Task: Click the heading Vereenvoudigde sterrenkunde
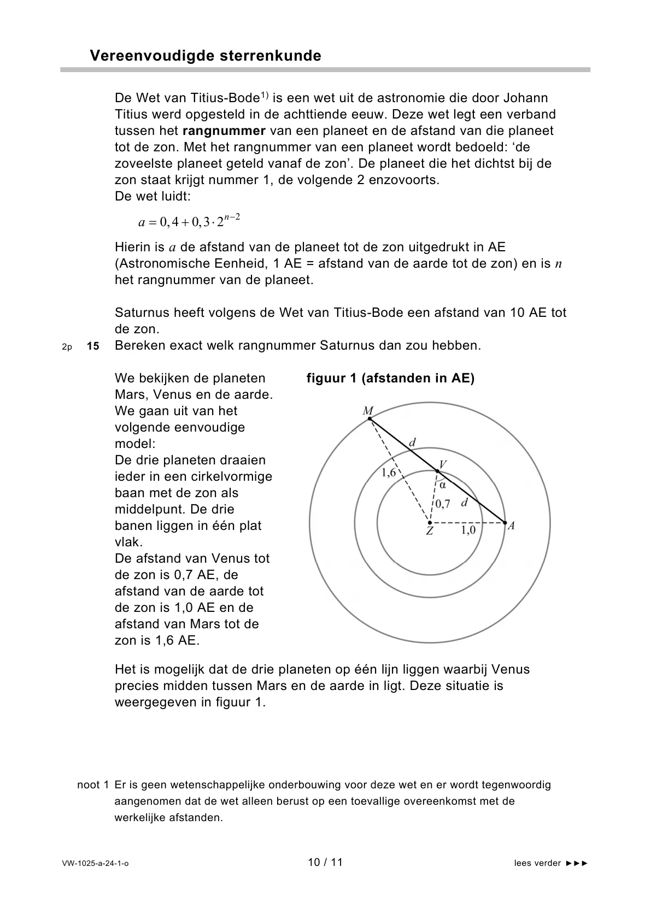pyautogui.click(x=205, y=56)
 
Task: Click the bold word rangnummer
pyautogui.click(x=224, y=131)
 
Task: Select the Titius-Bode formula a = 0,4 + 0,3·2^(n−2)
pyautogui.click(x=189, y=221)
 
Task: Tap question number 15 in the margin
pyautogui.click(x=93, y=346)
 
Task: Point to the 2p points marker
pyautogui.click(x=67, y=347)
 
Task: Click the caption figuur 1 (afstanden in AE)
pyautogui.click(x=390, y=379)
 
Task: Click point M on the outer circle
pyautogui.click(x=370, y=418)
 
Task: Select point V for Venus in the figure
pyautogui.click(x=437, y=470)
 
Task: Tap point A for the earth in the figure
pyautogui.click(x=505, y=523)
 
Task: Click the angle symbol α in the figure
pyautogui.click(x=443, y=485)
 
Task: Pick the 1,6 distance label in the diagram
pyautogui.click(x=388, y=473)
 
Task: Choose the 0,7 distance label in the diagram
pyautogui.click(x=443, y=504)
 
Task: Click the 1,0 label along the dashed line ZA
pyautogui.click(x=468, y=530)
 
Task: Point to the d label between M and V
pyautogui.click(x=412, y=443)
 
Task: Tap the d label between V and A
pyautogui.click(x=464, y=502)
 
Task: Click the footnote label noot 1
pyautogui.click(x=93, y=785)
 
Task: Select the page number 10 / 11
pyautogui.click(x=325, y=863)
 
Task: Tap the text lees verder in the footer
pyautogui.click(x=537, y=864)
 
